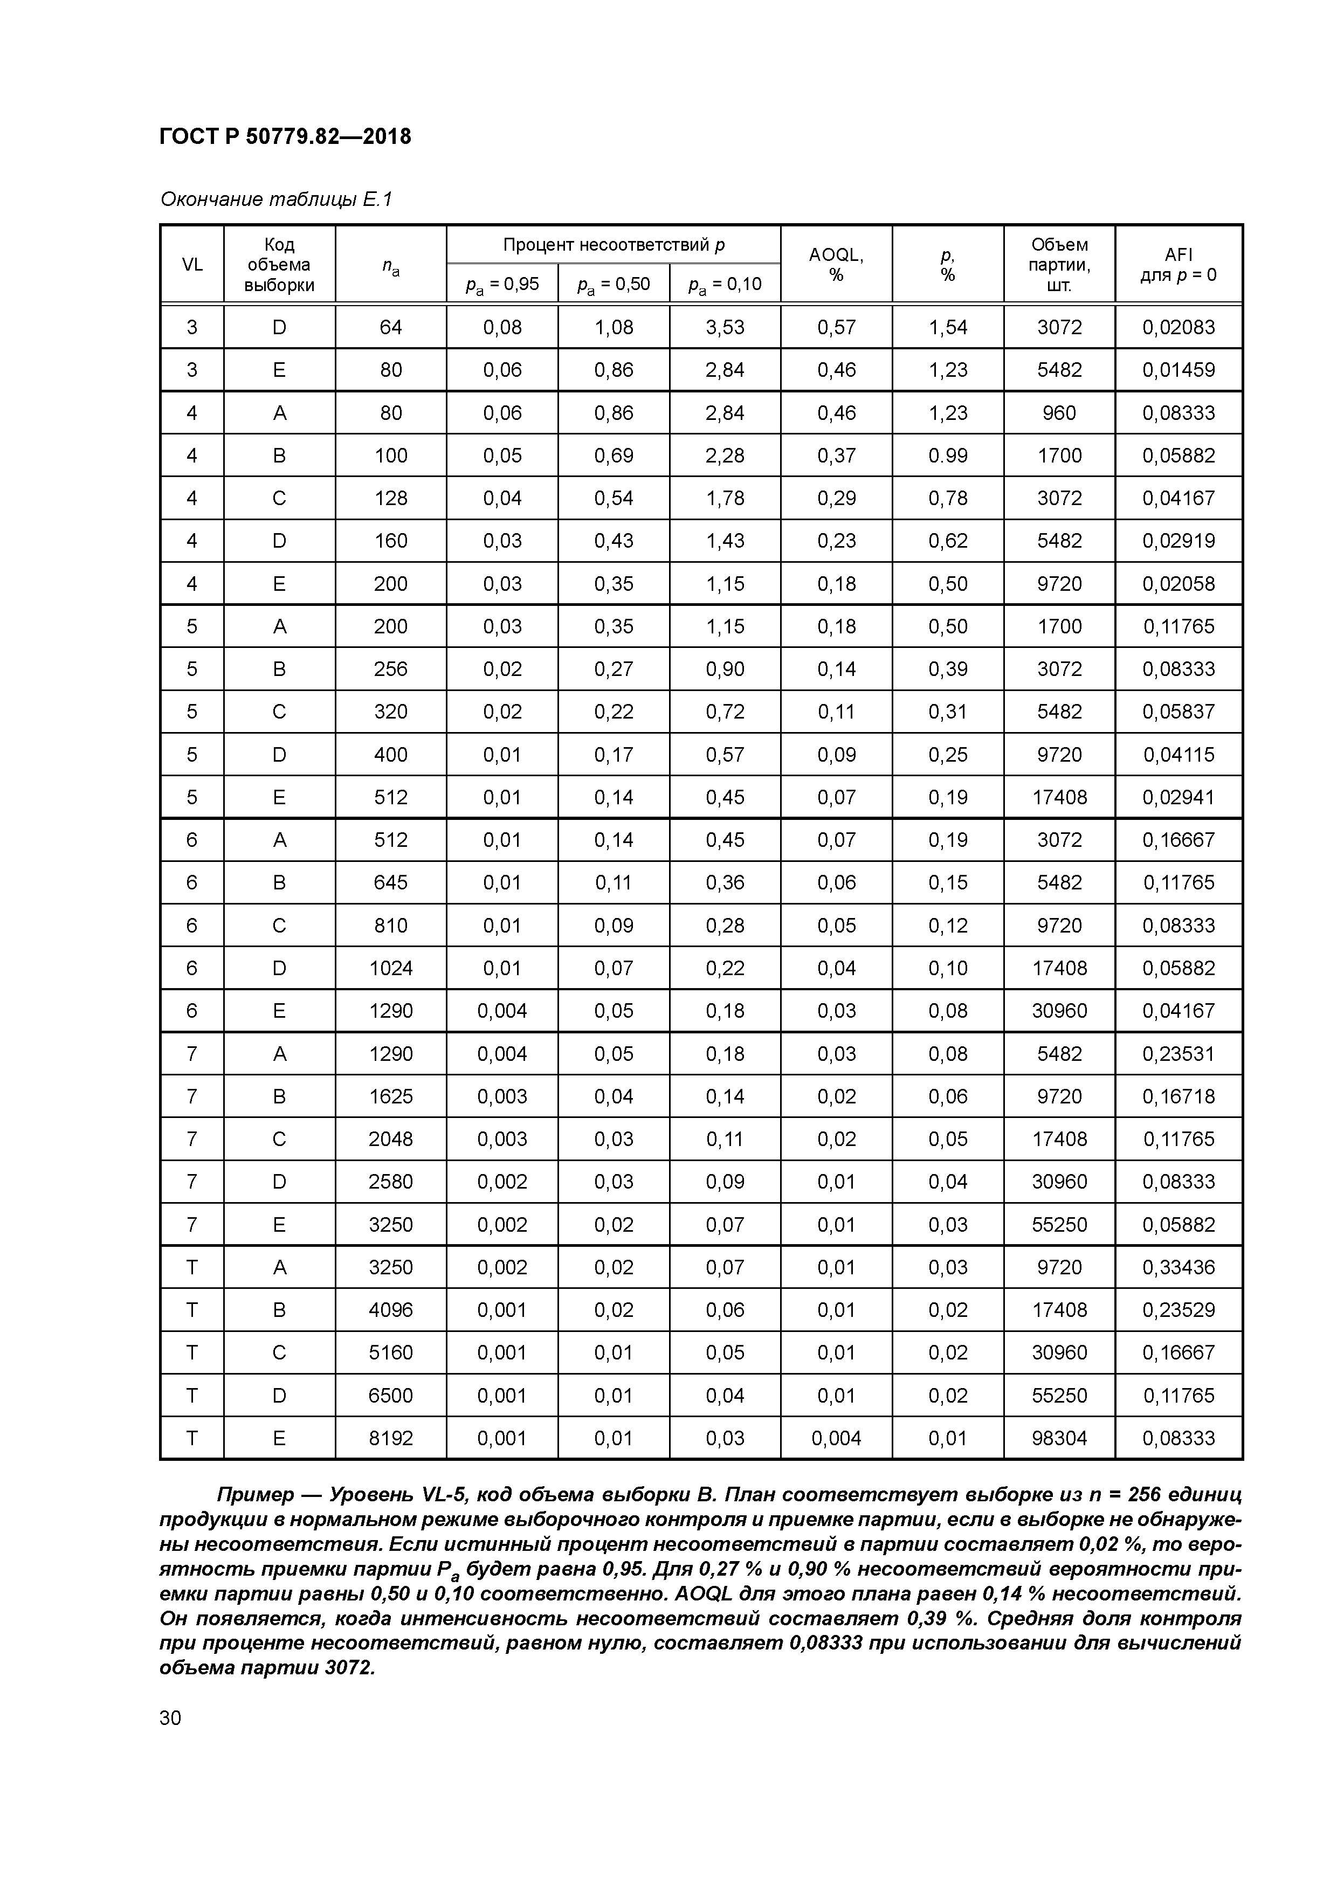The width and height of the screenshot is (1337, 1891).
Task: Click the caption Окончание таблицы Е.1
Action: [x=276, y=199]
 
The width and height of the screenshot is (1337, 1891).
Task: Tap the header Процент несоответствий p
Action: [x=613, y=245]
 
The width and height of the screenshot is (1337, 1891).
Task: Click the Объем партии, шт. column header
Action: [x=1059, y=264]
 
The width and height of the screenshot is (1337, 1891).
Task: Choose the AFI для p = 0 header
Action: [x=1178, y=264]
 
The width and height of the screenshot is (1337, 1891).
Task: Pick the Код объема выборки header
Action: [x=279, y=264]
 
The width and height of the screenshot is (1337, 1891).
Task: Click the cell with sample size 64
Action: [x=390, y=327]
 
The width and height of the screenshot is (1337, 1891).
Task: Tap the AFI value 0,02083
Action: [x=1178, y=327]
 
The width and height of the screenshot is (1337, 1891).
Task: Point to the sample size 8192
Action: [x=390, y=1438]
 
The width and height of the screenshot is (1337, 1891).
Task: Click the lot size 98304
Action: [x=1059, y=1438]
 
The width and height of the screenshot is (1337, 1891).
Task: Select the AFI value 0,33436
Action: [x=1178, y=1267]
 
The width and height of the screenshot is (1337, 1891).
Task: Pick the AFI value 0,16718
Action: [x=1178, y=1096]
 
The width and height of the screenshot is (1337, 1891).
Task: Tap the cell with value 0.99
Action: [x=947, y=456]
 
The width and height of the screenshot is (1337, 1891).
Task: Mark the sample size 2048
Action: [x=390, y=1139]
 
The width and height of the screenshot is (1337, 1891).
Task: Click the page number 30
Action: [x=170, y=1718]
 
